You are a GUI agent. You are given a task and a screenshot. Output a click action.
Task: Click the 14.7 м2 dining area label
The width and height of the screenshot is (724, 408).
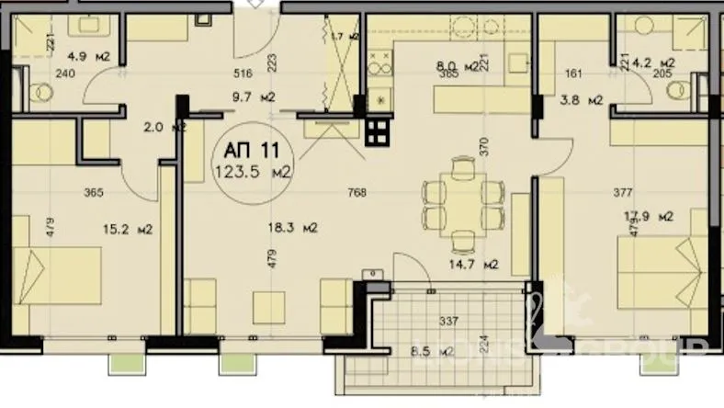[x=477, y=265]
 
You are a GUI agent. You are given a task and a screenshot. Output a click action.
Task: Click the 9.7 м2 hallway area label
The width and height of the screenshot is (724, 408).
[x=256, y=96]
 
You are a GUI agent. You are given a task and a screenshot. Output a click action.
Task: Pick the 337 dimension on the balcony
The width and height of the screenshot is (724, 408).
[x=449, y=321]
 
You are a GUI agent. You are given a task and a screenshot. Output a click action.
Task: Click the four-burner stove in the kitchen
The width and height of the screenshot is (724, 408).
[x=378, y=132]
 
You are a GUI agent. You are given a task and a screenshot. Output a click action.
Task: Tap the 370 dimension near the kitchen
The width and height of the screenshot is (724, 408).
[x=504, y=144]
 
